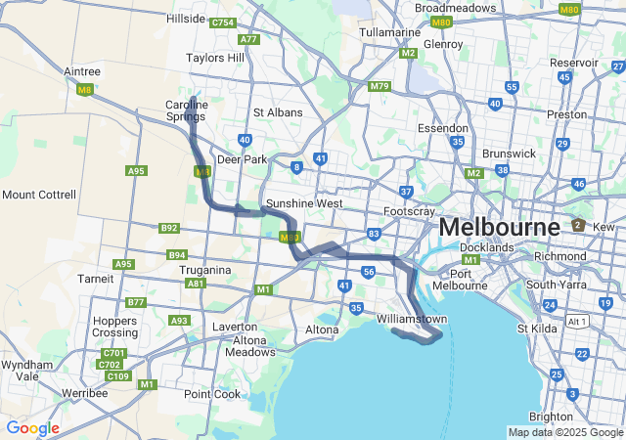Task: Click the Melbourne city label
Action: [499, 227]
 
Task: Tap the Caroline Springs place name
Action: [185, 110]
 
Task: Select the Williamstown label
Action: [412, 320]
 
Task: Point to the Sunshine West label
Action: [304, 203]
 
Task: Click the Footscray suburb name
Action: [409, 211]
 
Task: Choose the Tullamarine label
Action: [389, 32]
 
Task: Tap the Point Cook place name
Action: [212, 394]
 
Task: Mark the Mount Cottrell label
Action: [39, 195]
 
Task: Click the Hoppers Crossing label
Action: [114, 327]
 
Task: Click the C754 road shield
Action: [223, 22]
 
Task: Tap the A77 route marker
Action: [249, 39]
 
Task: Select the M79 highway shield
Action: [380, 86]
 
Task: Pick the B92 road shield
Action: [169, 228]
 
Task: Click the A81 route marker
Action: [196, 284]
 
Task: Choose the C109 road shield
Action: [118, 376]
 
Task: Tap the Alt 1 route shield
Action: [578, 321]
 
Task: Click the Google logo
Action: [32, 428]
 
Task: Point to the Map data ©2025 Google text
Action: [565, 432]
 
